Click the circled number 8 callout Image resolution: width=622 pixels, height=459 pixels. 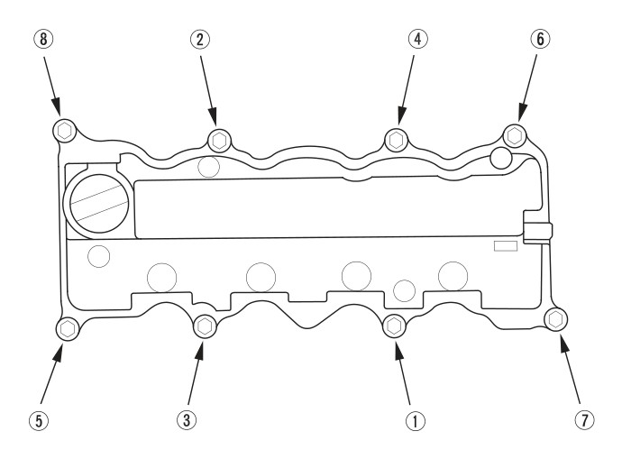tap(43, 39)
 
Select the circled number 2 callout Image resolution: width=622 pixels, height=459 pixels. tap(200, 39)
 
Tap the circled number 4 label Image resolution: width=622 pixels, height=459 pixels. tap(417, 39)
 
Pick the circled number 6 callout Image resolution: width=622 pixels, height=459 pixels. tap(540, 39)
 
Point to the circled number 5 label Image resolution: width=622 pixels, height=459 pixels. tap(39, 420)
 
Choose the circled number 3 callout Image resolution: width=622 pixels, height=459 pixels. tap(187, 419)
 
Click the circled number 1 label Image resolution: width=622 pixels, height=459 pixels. tap(416, 420)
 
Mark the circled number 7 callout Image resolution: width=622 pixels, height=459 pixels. tap(585, 419)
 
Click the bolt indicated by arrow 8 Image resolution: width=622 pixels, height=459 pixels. tap(64, 130)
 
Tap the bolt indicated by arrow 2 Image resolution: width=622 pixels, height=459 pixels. tap(219, 140)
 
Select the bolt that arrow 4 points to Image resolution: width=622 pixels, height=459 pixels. tap(397, 140)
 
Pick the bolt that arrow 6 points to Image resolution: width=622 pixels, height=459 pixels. tap(515, 135)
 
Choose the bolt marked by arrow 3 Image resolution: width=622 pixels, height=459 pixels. tap(205, 326)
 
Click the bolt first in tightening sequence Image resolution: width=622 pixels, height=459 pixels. tap(394, 326)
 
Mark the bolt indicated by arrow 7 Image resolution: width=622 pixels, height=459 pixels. tap(556, 318)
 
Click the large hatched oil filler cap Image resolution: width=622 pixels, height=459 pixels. tap(99, 204)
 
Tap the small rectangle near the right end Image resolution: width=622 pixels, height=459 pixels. tap(506, 246)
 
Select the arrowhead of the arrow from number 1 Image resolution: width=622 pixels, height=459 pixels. tap(398, 350)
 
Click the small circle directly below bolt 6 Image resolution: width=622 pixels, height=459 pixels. tap(501, 158)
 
